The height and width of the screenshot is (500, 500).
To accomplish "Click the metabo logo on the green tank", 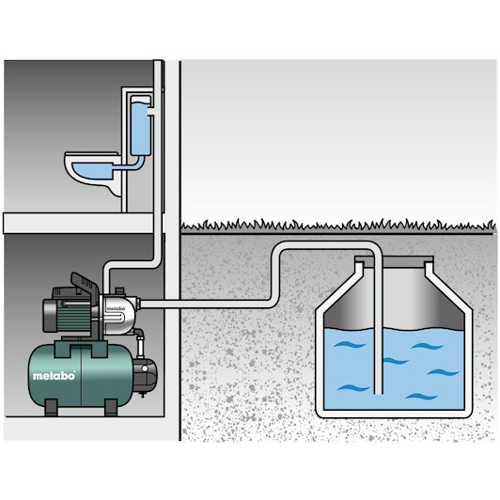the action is (x=54, y=376).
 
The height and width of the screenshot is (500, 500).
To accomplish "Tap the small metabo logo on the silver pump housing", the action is (x=115, y=308).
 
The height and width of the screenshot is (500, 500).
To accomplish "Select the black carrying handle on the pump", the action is (x=84, y=284).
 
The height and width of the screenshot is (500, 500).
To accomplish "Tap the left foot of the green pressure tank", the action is (x=52, y=408).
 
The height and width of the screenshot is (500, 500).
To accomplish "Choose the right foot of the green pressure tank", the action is (x=111, y=408).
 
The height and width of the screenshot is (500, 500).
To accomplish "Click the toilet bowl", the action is (x=92, y=172).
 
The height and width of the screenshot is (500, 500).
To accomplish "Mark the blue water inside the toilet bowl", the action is (x=91, y=171).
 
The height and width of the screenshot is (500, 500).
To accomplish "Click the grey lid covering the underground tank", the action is (x=394, y=261).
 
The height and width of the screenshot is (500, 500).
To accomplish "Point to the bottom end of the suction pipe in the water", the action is (x=378, y=393).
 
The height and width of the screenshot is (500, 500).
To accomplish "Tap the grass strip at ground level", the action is (x=338, y=225).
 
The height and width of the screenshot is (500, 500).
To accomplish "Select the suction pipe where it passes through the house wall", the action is (x=173, y=304).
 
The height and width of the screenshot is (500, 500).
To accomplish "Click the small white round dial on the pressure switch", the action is (x=145, y=369).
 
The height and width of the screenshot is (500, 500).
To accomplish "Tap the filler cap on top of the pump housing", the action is (x=119, y=290).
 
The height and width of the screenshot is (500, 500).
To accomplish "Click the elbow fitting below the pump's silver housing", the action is (x=140, y=335).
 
